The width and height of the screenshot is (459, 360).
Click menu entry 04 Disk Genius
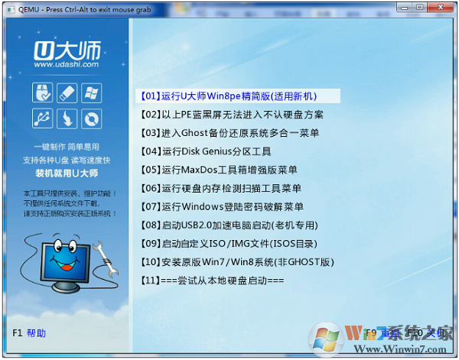(x=207, y=151)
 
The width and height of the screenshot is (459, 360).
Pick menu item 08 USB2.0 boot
(x=229, y=225)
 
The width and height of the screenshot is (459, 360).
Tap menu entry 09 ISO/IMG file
(x=229, y=244)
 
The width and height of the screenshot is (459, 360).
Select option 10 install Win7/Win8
(x=237, y=262)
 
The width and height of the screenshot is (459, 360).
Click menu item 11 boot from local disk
(x=213, y=281)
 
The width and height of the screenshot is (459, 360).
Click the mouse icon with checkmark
(x=43, y=93)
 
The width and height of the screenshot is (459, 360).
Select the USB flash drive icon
(x=67, y=93)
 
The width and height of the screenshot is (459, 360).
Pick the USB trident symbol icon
(x=43, y=118)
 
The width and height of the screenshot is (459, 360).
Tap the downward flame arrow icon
(x=67, y=118)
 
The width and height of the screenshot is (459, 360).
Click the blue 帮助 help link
(x=36, y=333)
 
